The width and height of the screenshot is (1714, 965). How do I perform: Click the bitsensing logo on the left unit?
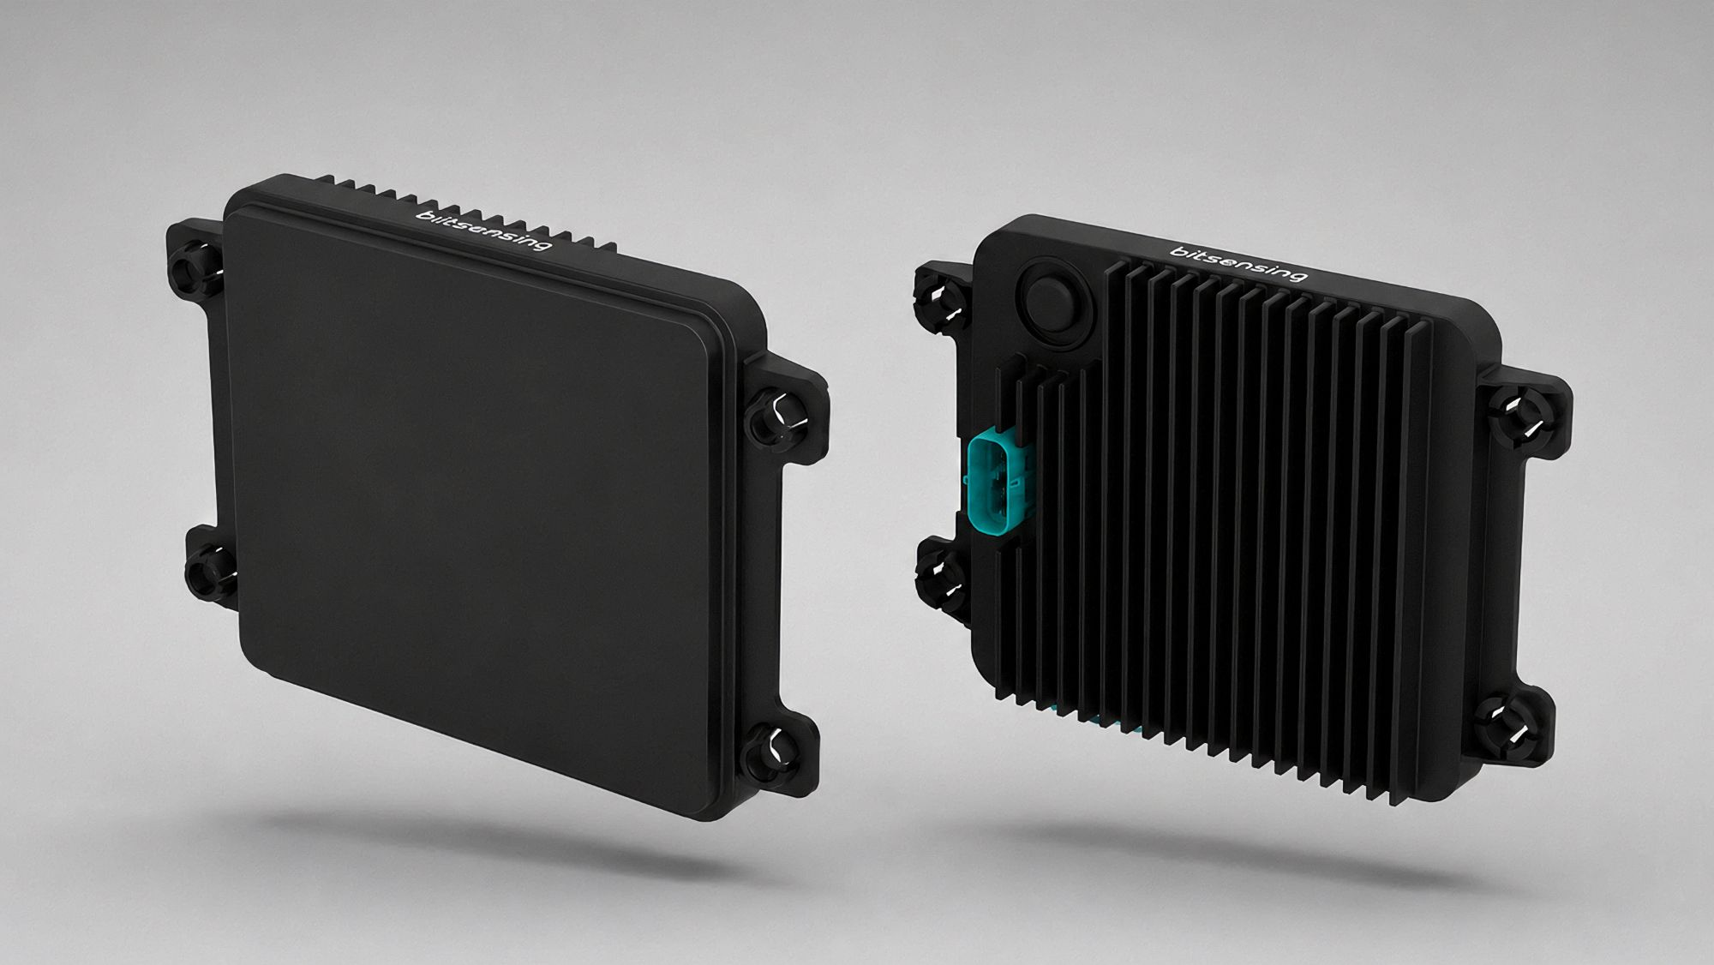482,227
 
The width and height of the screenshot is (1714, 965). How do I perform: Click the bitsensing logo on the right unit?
1239,263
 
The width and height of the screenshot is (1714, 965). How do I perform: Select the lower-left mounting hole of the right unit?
938,569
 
